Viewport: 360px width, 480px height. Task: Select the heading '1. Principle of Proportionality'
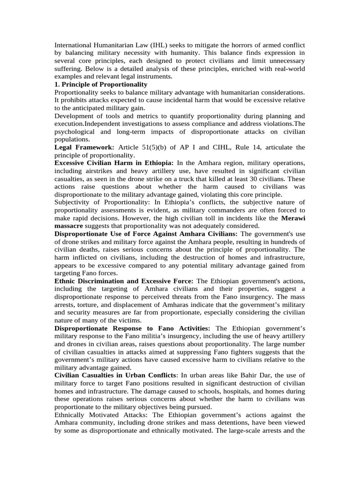101,84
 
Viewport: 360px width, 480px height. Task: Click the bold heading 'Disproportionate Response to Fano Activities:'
132,328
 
